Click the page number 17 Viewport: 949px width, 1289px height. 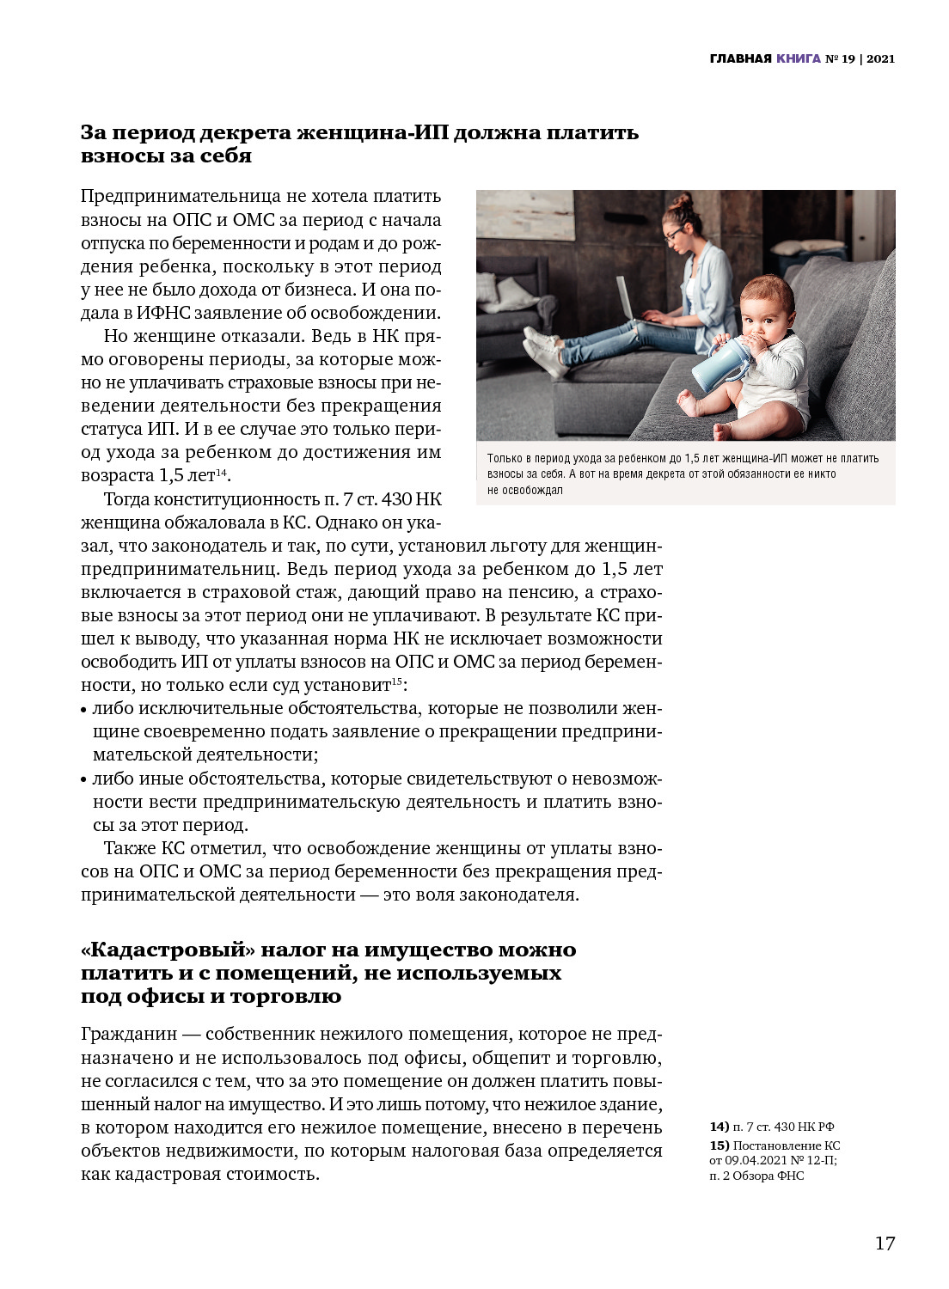tap(885, 1243)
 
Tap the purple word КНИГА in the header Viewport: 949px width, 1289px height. tap(799, 59)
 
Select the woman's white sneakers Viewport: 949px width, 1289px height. tap(543, 349)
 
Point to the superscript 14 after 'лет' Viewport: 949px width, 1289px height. tap(221, 472)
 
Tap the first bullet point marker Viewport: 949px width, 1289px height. tap(84, 711)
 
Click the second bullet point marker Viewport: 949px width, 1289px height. tap(84, 781)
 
